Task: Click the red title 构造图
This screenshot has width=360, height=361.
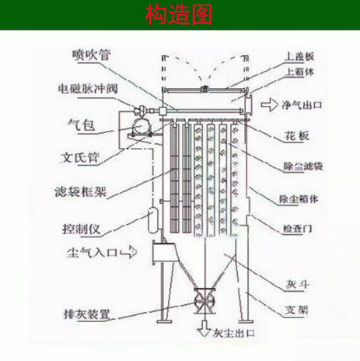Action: [x=179, y=15]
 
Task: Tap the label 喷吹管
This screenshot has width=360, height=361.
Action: [x=92, y=54]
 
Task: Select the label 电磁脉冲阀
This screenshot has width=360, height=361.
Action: [x=88, y=89]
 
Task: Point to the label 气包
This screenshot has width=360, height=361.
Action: [x=81, y=125]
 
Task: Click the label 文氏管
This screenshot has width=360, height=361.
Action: [x=80, y=157]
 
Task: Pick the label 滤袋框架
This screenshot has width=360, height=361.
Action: [x=81, y=191]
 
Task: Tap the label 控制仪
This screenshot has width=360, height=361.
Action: [x=82, y=229]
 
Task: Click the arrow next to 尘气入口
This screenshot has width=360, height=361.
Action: [x=129, y=252]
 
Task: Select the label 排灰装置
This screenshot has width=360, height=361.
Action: [x=87, y=314]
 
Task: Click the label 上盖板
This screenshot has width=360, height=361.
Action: [x=299, y=56]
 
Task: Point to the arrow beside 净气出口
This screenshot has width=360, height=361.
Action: [x=270, y=105]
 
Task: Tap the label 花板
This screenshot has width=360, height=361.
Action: [x=297, y=135]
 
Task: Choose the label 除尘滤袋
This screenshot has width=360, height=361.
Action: [x=303, y=166]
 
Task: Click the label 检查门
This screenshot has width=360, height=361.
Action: [x=297, y=229]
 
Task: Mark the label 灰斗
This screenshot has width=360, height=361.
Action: [x=297, y=285]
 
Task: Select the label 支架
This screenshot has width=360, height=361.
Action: [x=297, y=310]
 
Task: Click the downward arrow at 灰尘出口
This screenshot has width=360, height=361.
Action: [x=204, y=328]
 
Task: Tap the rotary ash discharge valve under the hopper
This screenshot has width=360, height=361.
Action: [x=204, y=300]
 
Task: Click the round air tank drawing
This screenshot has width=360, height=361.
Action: [x=141, y=126]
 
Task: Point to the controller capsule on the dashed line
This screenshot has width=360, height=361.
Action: [x=152, y=219]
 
